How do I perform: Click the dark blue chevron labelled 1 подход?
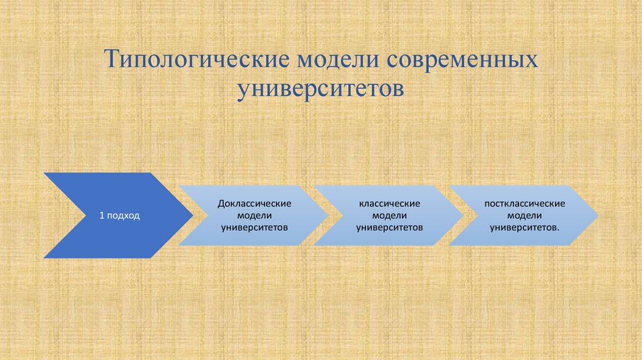click(x=113, y=215)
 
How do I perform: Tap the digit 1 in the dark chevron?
click(x=102, y=216)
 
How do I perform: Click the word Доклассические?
click(x=254, y=204)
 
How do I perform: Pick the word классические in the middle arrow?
click(x=389, y=204)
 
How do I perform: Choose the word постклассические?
click(x=525, y=204)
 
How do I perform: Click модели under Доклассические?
click(x=254, y=215)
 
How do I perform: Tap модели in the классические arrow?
click(x=389, y=215)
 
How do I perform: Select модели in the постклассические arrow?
click(x=525, y=215)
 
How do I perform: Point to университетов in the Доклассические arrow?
click(x=254, y=226)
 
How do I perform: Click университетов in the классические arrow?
click(x=389, y=226)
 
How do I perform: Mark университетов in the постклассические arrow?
click(x=524, y=226)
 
